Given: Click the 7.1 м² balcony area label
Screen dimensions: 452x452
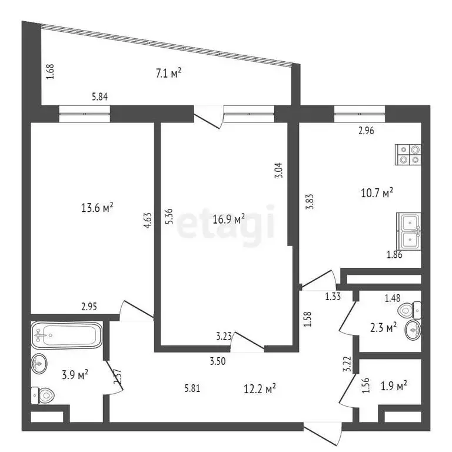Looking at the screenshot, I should (168, 74).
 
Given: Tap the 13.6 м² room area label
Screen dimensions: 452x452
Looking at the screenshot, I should (97, 208).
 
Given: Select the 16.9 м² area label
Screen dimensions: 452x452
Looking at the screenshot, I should (229, 220).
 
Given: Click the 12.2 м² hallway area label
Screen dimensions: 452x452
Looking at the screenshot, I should (260, 388).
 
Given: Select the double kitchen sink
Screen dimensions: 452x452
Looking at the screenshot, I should (409, 231).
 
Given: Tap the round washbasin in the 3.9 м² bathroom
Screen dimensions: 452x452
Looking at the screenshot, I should (39, 365).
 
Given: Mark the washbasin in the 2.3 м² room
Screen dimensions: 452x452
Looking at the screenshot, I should (413, 333).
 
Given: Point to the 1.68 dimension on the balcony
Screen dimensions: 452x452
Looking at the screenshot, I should (49, 72).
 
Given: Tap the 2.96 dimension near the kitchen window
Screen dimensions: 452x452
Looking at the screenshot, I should (367, 132).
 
